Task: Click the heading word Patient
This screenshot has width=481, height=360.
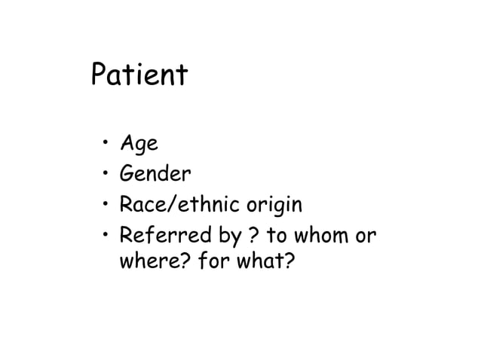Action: [138, 76]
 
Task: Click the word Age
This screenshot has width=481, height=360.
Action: [137, 145]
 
